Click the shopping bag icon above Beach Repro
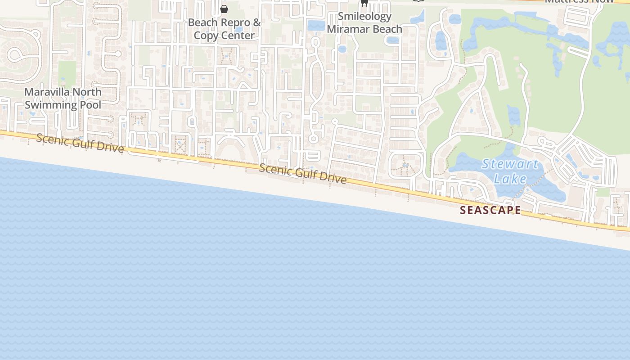click(224, 9)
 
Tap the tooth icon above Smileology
click(364, 3)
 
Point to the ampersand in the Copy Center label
click(257, 22)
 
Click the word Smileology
click(364, 16)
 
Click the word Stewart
click(510, 164)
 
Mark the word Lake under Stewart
click(510, 179)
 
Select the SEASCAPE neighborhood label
click(490, 210)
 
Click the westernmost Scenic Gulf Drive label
click(80, 143)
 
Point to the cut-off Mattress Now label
click(579, 1)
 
